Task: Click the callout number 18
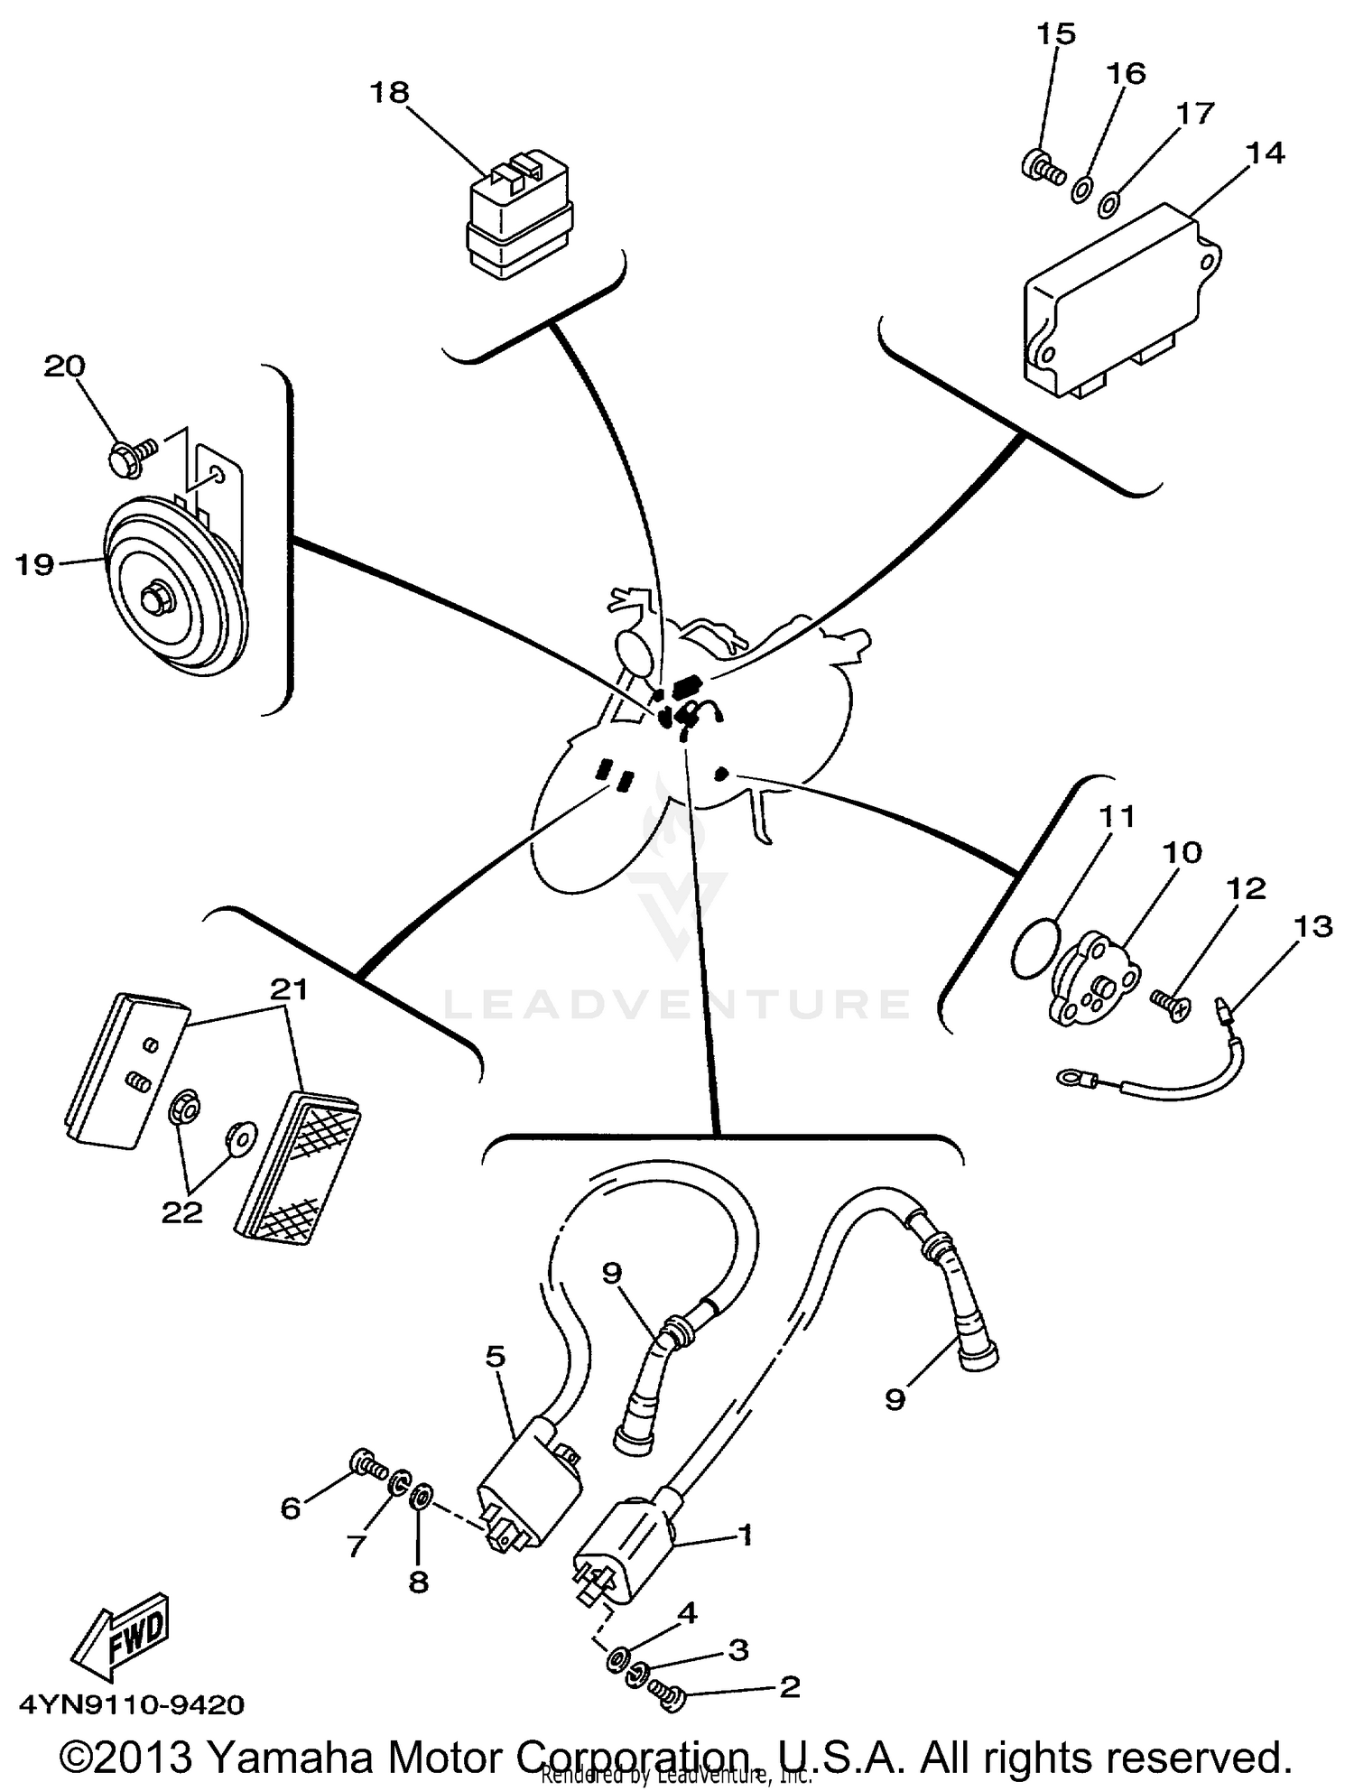click(x=389, y=92)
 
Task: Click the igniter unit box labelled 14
click(x=1119, y=302)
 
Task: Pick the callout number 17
click(x=1195, y=113)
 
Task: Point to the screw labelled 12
click(x=1171, y=1003)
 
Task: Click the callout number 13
click(x=1312, y=926)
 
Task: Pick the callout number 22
click(x=181, y=1212)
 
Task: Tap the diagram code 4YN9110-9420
click(x=132, y=1704)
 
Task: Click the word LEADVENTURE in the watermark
click(x=676, y=1004)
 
